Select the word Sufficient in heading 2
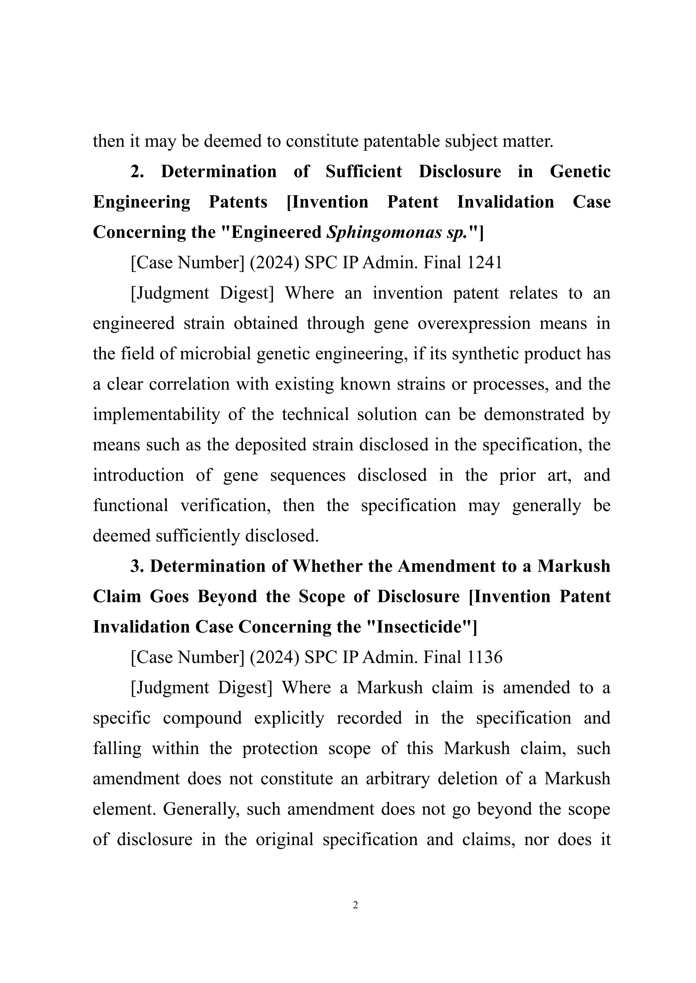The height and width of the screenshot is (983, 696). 364,172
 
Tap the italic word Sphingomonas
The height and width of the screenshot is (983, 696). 384,232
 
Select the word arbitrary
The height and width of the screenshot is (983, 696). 397,779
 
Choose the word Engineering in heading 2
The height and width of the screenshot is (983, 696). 141,202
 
